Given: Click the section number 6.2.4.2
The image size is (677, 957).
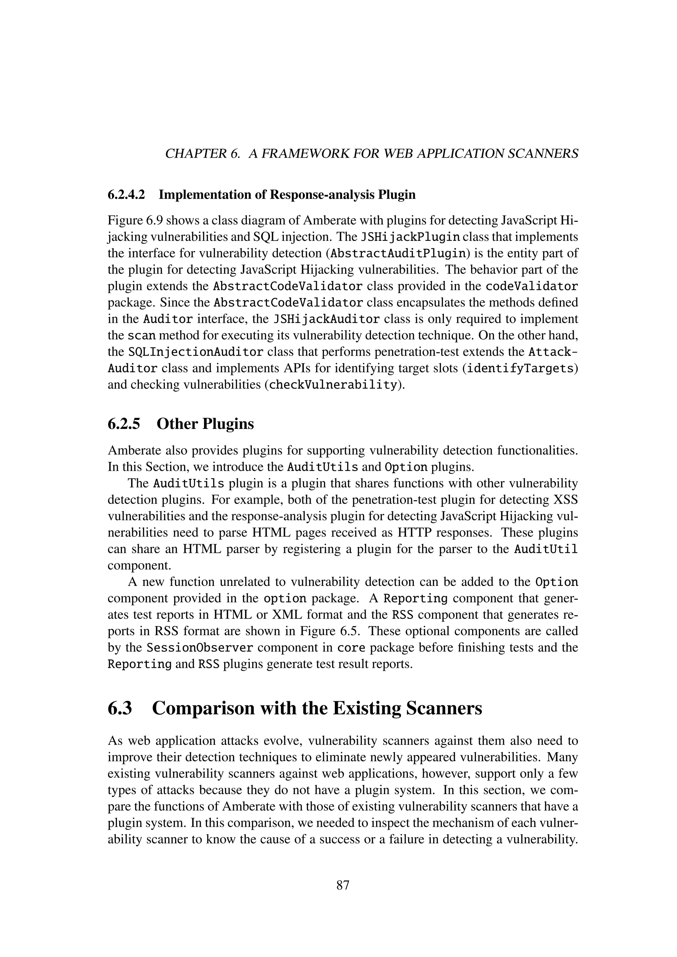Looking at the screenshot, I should [126, 195].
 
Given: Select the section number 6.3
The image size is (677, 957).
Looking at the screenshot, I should [120, 708].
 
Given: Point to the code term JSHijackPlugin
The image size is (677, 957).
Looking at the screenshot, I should [410, 237].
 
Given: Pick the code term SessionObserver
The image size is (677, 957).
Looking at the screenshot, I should [200, 648].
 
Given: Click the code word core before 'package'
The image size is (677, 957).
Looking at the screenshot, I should [351, 648].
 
